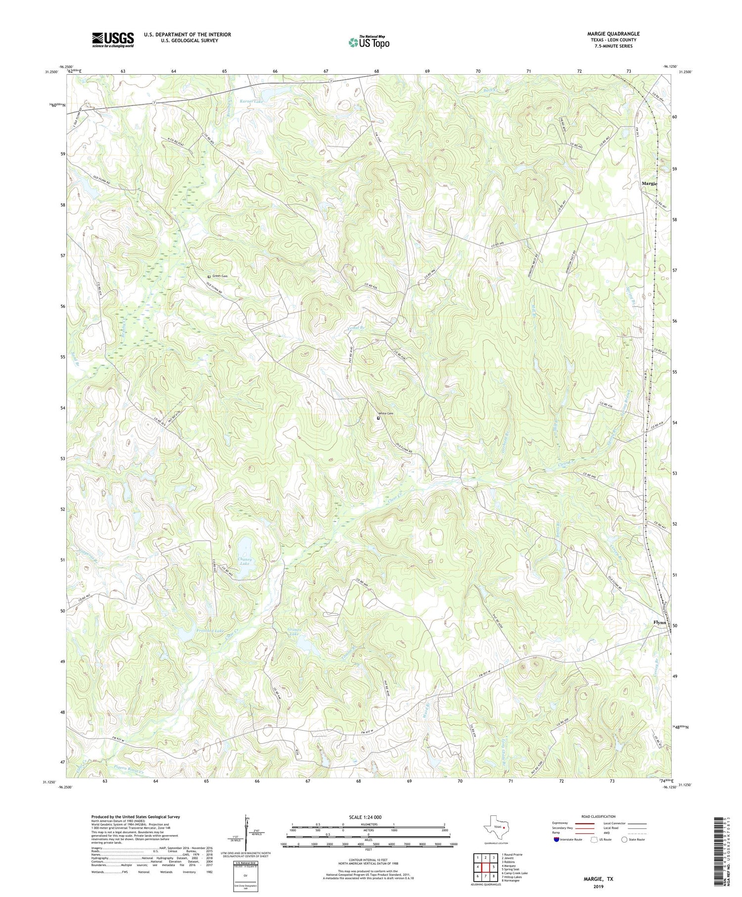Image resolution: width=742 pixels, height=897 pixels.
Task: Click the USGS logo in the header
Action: coord(112,40)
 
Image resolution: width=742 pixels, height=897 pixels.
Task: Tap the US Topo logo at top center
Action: coord(369,43)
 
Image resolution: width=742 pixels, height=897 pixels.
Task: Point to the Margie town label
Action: coord(649,184)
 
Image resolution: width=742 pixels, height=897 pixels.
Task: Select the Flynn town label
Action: coord(660,622)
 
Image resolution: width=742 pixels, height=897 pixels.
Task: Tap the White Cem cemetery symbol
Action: coord(378,418)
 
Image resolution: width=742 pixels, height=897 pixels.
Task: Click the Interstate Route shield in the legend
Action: coord(556,840)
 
